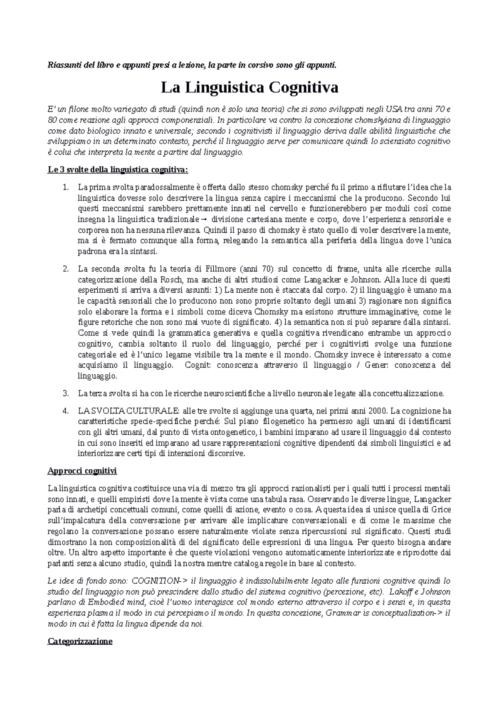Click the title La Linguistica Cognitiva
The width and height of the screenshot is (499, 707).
pos(249,88)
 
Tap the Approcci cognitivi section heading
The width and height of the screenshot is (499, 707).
pos(82,471)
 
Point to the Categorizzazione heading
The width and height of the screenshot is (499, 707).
pos(80,641)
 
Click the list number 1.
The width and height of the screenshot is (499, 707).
pos(65,187)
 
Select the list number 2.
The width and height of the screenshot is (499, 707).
pos(65,269)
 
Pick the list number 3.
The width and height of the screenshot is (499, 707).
pos(65,393)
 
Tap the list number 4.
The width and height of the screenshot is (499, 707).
pos(65,410)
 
